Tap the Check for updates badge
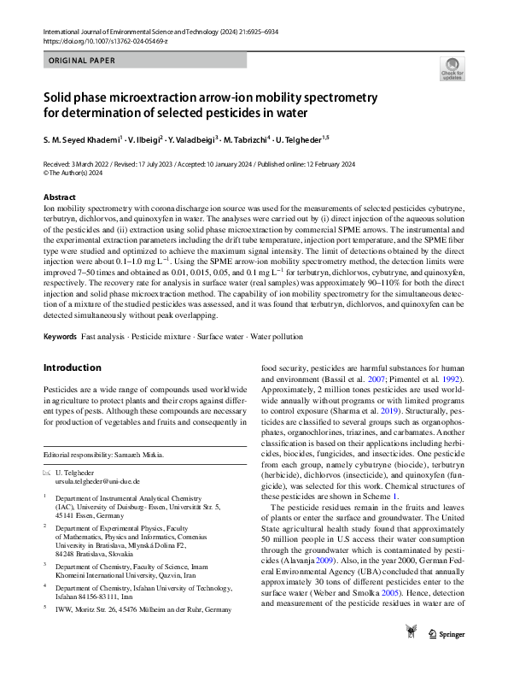[452, 69]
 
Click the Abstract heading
[60, 197]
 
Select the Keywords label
[60, 338]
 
